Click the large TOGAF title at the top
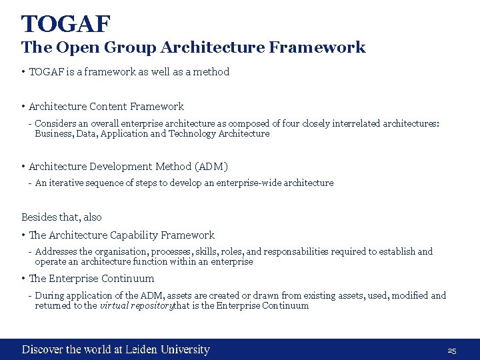pos(65,24)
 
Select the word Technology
pos(194,133)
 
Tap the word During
pos(51,295)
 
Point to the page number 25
pos(451,351)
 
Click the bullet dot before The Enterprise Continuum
pos(23,279)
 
